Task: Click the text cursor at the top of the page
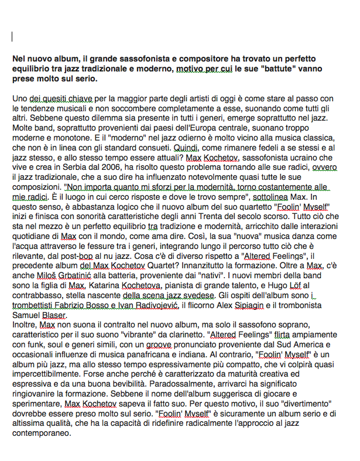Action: [12, 37]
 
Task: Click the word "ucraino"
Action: [303, 158]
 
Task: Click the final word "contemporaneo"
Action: [42, 433]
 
